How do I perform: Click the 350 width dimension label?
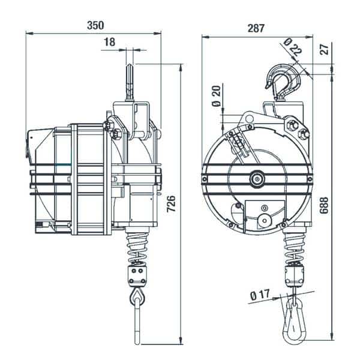coord(95,25)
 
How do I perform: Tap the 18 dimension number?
coord(109,42)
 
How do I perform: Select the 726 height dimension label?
coord(171,204)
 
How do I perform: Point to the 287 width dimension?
coord(256,28)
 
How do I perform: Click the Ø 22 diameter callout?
coord(293,47)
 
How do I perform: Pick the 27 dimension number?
coord(325,49)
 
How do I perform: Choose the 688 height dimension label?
coord(324,205)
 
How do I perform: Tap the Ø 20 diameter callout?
coord(216,96)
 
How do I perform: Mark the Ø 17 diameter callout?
coord(260,295)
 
